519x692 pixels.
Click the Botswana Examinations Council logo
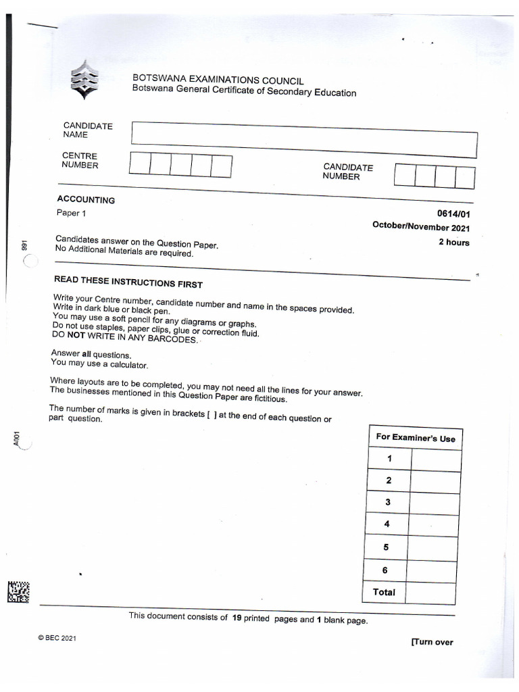point(84,79)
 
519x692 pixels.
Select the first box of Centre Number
point(139,164)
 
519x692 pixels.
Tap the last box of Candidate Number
point(465,177)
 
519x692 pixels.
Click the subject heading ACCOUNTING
point(86,200)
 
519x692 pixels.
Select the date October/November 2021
point(421,228)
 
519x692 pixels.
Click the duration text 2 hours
point(453,243)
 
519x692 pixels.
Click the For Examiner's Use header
point(416,438)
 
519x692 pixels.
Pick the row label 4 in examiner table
point(387,524)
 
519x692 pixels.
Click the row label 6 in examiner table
point(385,570)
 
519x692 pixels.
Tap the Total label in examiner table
point(384,593)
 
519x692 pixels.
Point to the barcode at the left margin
point(18,591)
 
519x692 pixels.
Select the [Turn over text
point(432,642)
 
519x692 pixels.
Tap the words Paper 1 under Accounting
point(72,214)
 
